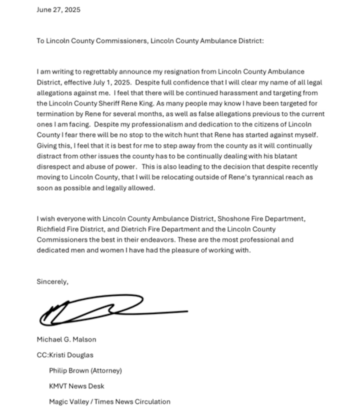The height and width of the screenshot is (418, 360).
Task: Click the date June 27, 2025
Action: click(x=58, y=10)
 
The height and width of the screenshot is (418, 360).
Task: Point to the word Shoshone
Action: click(x=232, y=219)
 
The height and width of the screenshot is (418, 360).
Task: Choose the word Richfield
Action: click(x=50, y=230)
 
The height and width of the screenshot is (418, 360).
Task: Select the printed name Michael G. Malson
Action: click(x=66, y=339)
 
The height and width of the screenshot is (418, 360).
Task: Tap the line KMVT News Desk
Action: click(x=76, y=386)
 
